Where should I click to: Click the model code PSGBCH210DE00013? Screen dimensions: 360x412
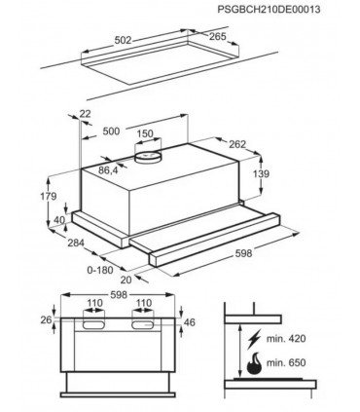(x=269, y=9)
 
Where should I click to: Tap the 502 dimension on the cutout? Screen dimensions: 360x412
(x=124, y=40)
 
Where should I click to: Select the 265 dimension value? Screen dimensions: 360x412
(x=217, y=36)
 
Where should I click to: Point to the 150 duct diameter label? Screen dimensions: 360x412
(x=145, y=133)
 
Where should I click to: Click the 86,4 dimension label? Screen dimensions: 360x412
(x=108, y=170)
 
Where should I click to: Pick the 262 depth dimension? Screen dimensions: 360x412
(x=237, y=144)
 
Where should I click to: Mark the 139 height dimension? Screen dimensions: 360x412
(x=261, y=174)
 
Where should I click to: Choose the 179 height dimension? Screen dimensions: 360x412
(x=49, y=196)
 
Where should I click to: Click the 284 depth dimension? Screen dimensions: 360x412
(x=76, y=243)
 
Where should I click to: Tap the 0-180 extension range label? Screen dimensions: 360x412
(x=100, y=270)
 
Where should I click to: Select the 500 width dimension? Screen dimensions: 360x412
(x=111, y=131)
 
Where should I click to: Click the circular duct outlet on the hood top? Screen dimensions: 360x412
(x=148, y=157)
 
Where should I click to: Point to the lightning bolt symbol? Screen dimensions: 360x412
(x=254, y=339)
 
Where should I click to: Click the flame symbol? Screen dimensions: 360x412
(x=254, y=362)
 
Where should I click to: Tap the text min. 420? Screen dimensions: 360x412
(x=286, y=339)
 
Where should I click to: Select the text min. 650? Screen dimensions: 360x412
(x=286, y=362)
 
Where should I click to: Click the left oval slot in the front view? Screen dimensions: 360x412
(x=94, y=324)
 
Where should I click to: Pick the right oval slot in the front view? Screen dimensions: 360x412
(x=142, y=324)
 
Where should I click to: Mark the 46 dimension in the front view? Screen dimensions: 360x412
(x=190, y=322)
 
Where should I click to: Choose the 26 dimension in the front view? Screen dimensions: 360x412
(x=46, y=320)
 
